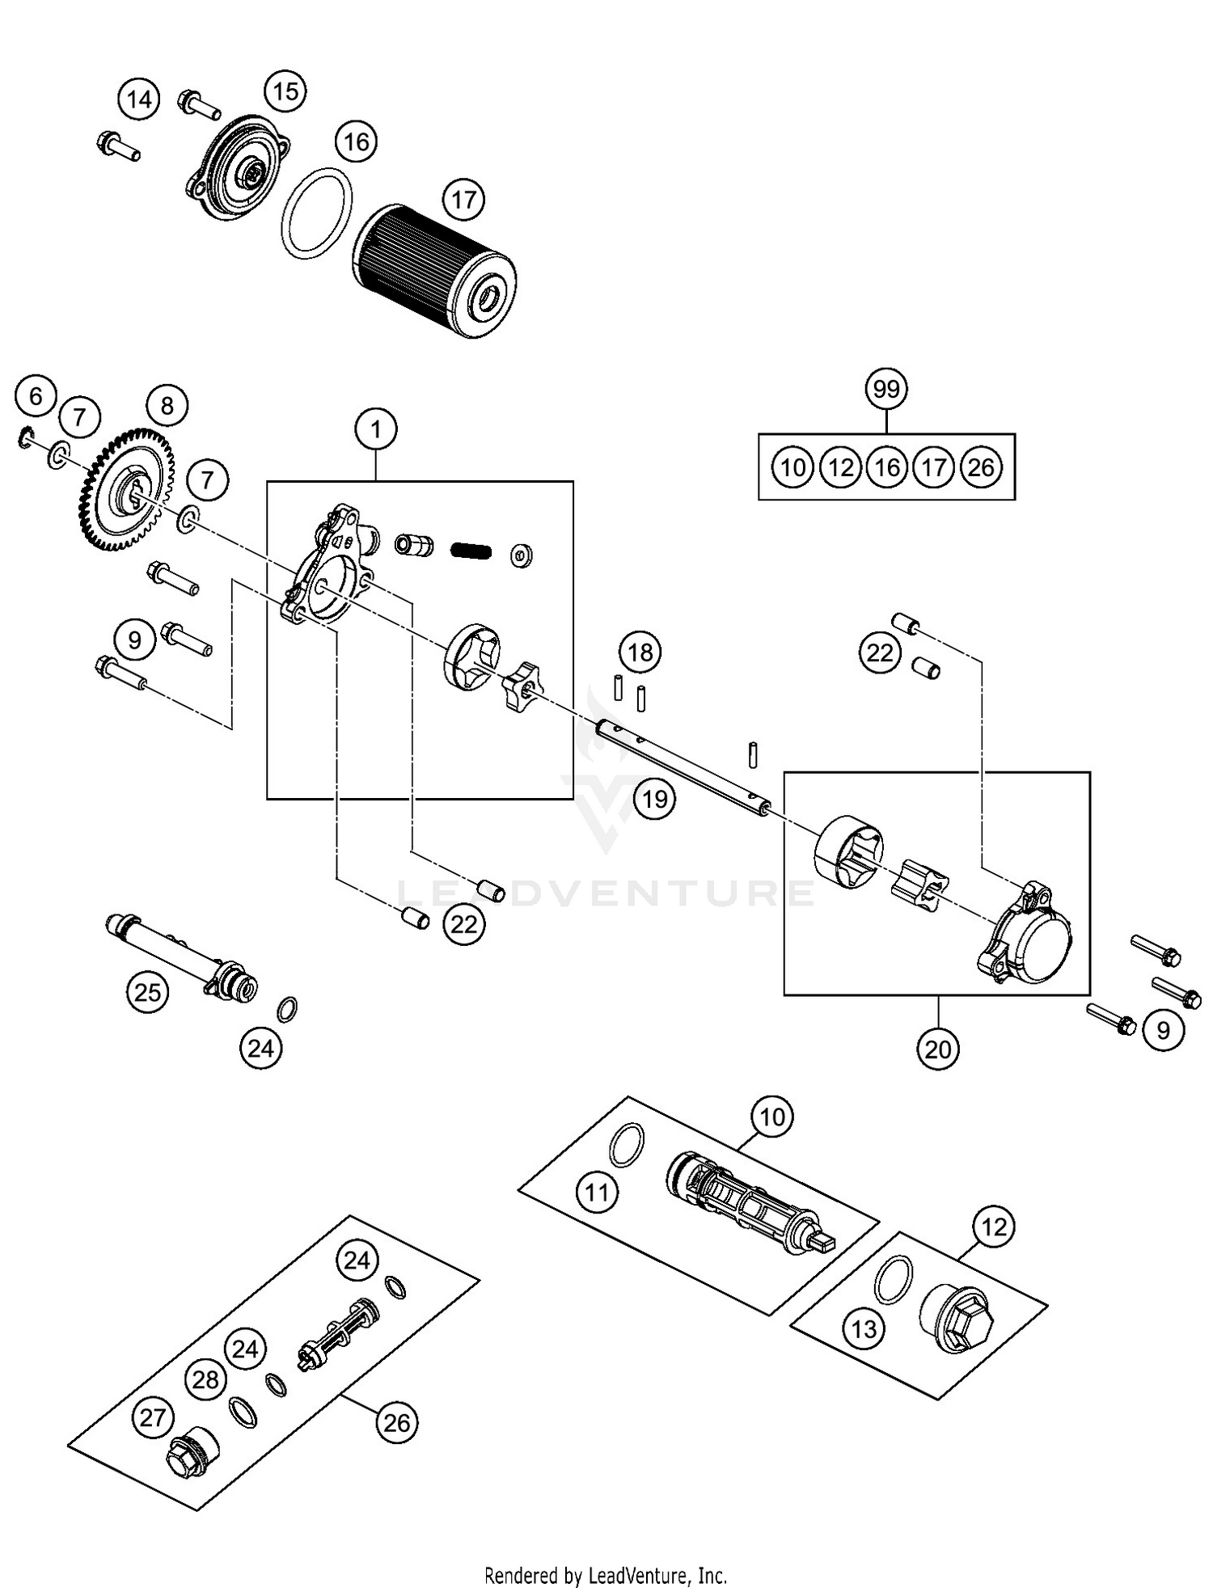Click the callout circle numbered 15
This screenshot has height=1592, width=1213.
285,91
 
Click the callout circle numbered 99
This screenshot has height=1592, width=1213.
886,389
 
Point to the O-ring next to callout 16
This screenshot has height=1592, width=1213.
317,213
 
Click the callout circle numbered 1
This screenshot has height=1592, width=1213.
376,429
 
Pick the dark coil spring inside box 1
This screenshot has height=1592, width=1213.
471,551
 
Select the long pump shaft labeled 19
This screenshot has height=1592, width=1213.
683,764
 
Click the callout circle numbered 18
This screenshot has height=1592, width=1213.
640,652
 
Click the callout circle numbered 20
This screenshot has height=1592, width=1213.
938,1049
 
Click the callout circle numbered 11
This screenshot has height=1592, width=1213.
597,1193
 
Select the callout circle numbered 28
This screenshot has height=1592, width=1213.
205,1379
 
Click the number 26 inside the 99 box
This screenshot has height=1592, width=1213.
981,467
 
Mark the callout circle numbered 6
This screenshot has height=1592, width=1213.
36,396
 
